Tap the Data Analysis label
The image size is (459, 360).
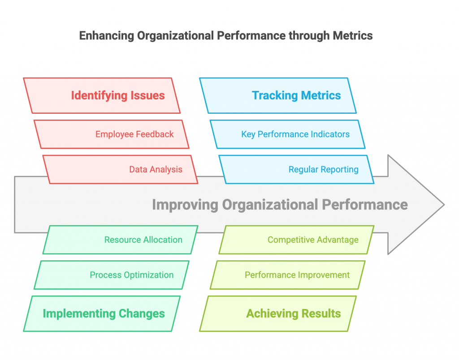click(x=156, y=169)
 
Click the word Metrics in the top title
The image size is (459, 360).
click(x=353, y=36)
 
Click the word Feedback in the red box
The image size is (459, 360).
click(x=155, y=134)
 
